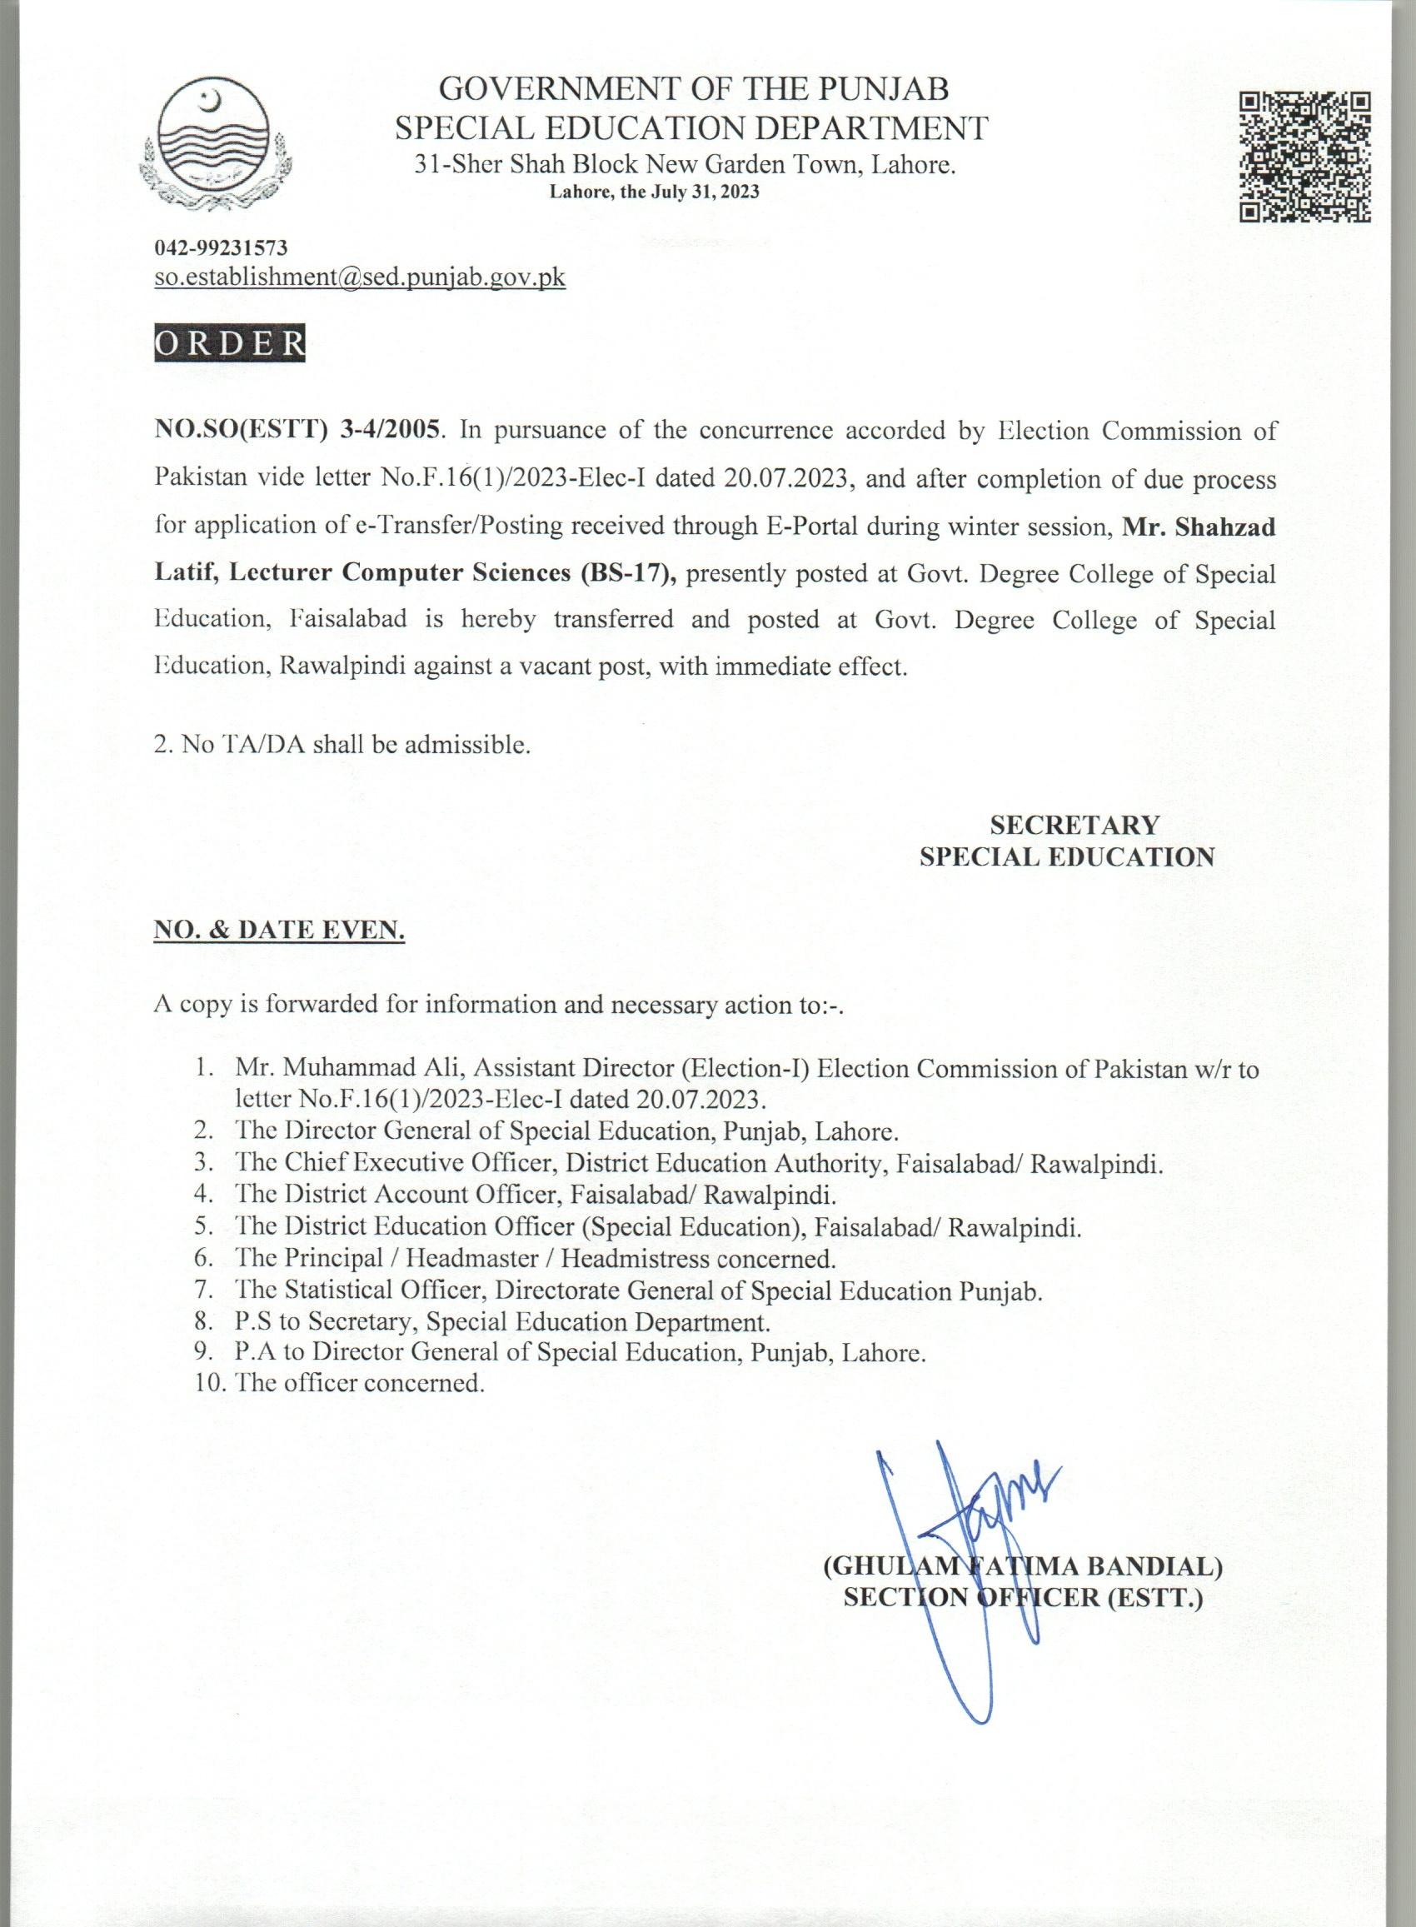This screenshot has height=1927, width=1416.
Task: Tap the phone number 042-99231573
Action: click(221, 248)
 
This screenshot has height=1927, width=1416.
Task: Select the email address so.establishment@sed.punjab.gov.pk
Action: click(360, 277)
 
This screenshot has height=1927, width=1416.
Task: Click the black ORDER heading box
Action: click(230, 342)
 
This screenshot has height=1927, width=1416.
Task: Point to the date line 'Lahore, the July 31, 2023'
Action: click(654, 193)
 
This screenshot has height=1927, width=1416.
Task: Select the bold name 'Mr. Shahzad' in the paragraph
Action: click(1199, 527)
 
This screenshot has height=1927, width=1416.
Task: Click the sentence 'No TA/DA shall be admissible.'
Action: click(343, 744)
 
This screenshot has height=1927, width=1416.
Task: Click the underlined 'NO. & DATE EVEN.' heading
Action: click(278, 929)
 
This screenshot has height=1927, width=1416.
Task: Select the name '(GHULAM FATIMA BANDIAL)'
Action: click(1023, 1566)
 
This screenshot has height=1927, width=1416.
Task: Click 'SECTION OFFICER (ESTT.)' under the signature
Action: click(1024, 1597)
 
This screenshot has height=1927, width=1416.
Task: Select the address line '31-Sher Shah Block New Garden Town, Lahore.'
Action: click(685, 165)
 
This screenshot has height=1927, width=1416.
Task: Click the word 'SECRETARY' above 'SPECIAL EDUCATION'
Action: click(1074, 825)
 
